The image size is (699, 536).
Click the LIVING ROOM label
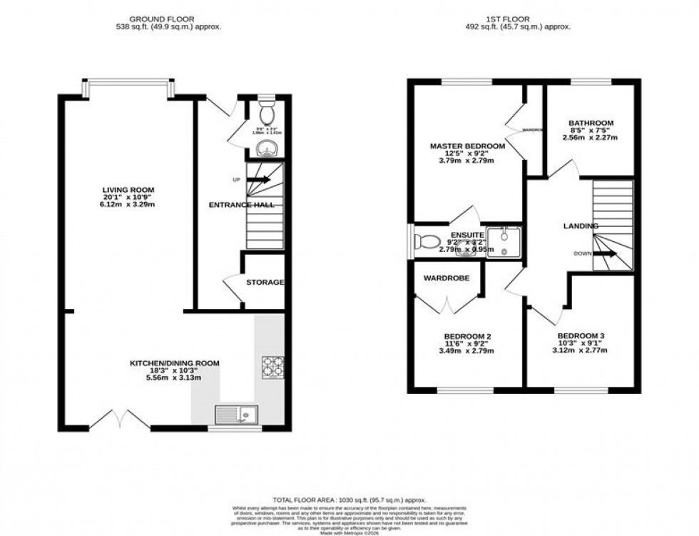(129, 190)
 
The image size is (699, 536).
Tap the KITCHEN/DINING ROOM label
(174, 363)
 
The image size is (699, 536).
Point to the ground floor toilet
(267, 113)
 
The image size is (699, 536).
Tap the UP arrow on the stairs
(258, 180)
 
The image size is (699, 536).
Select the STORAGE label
(265, 283)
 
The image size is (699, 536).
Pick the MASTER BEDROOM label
(467, 146)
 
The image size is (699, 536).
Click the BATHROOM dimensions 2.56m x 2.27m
(591, 138)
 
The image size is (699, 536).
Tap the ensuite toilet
(428, 241)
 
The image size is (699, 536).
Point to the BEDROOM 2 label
(467, 336)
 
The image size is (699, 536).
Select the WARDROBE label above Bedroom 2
(447, 278)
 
